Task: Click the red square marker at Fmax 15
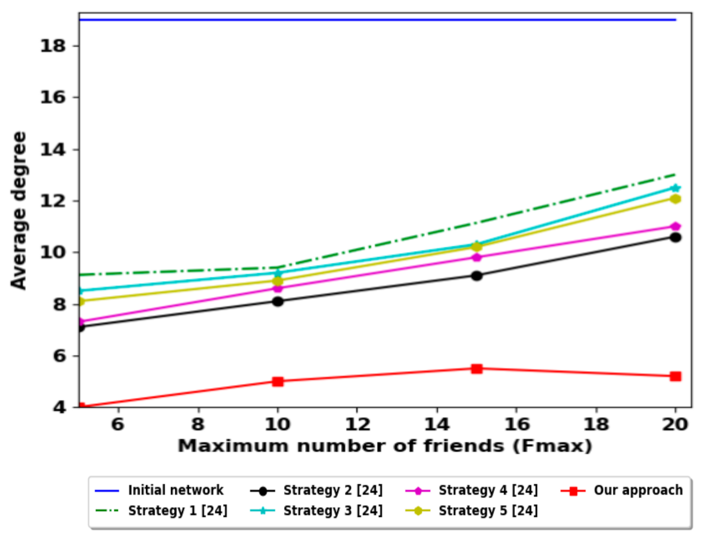point(476,369)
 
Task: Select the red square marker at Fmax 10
point(278,382)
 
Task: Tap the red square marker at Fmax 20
point(675,376)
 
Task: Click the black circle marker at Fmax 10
point(278,301)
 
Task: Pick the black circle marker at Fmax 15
point(476,275)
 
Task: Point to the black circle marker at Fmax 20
point(675,237)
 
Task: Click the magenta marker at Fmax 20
point(675,226)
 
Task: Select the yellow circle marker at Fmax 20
point(675,199)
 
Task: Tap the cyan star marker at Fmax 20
point(675,188)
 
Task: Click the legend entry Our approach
point(638,490)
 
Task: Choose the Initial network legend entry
point(175,490)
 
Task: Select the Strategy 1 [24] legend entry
point(178,510)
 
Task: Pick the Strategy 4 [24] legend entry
point(488,490)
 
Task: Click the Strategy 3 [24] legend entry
point(332,510)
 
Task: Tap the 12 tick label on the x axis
point(357,424)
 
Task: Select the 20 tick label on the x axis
point(675,424)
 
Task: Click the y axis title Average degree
point(19,210)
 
